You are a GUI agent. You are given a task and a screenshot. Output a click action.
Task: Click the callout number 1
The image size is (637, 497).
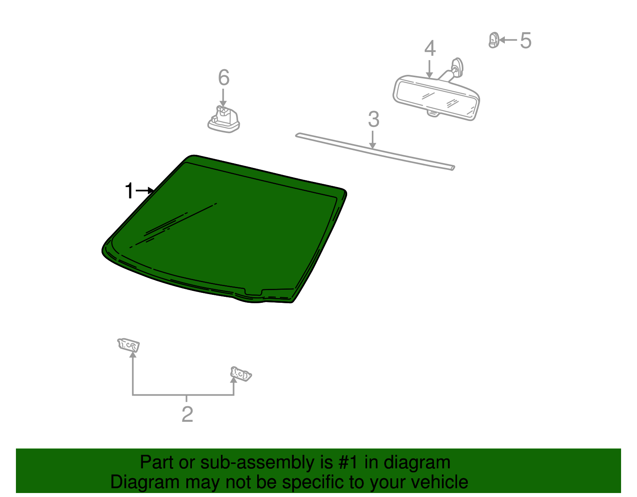[129, 191]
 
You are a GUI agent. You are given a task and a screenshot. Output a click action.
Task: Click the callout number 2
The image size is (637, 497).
[187, 414]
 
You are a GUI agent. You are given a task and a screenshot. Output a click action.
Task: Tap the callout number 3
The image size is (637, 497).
[373, 119]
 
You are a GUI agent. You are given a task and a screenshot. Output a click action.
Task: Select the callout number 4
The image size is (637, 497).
[430, 49]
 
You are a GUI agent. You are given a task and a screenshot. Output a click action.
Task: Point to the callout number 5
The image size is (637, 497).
[526, 41]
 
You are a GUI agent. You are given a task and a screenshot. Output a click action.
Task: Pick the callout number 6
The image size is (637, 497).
[224, 78]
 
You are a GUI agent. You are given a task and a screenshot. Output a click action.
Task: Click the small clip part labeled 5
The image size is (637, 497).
[494, 40]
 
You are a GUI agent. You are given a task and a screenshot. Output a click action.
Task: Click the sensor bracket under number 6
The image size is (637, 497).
[224, 120]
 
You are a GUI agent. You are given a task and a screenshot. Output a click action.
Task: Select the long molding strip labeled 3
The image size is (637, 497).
[374, 151]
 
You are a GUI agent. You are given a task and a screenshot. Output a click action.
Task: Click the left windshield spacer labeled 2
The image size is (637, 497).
[129, 345]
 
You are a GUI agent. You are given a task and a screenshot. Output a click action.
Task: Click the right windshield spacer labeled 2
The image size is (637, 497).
[241, 374]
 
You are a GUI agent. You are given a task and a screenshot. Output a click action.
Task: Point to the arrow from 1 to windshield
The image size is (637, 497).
[144, 191]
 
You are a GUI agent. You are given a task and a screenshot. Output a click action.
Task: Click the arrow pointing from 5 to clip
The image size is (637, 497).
[508, 40]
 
